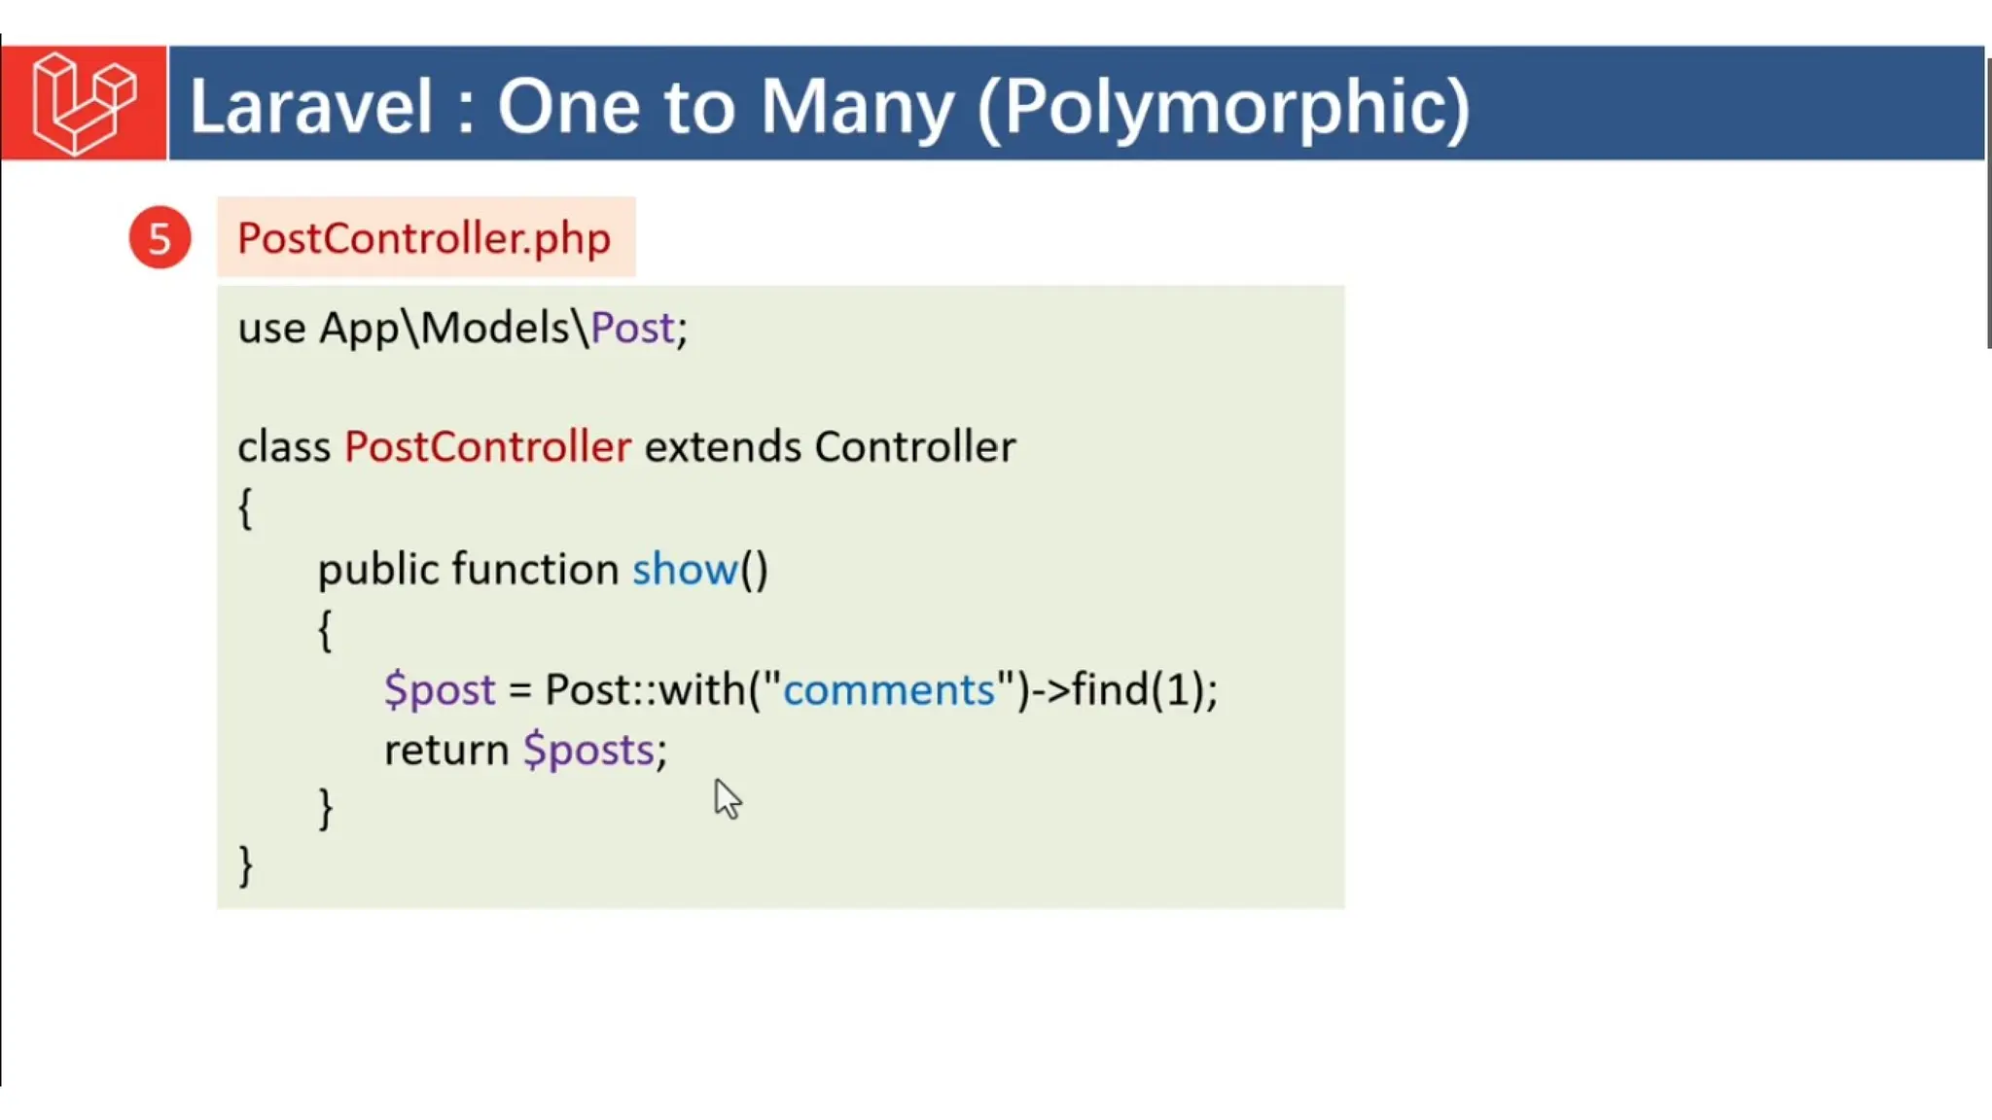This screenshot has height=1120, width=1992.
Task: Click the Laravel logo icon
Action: (x=84, y=103)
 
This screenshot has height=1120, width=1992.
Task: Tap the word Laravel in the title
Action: (x=310, y=107)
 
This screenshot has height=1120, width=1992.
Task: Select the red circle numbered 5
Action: (x=160, y=238)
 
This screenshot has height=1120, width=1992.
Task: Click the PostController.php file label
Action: (x=424, y=238)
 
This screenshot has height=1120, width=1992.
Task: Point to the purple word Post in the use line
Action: (x=632, y=329)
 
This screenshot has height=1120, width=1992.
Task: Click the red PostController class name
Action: (x=487, y=447)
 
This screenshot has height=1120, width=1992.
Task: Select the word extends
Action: (x=722, y=447)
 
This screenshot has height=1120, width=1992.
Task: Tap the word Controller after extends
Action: (x=914, y=447)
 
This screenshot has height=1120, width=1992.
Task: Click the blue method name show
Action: (x=685, y=570)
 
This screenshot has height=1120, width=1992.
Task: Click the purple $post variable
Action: (x=440, y=690)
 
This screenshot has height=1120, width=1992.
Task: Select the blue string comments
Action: (x=888, y=690)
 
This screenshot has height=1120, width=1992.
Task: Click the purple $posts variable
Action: (x=588, y=751)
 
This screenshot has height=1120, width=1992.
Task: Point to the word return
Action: (x=446, y=751)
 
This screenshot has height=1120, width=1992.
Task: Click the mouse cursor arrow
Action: (x=727, y=799)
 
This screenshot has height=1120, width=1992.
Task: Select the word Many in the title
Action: (x=856, y=107)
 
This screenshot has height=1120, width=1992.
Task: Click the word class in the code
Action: (x=284, y=447)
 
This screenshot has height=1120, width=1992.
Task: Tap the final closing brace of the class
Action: (x=246, y=865)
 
